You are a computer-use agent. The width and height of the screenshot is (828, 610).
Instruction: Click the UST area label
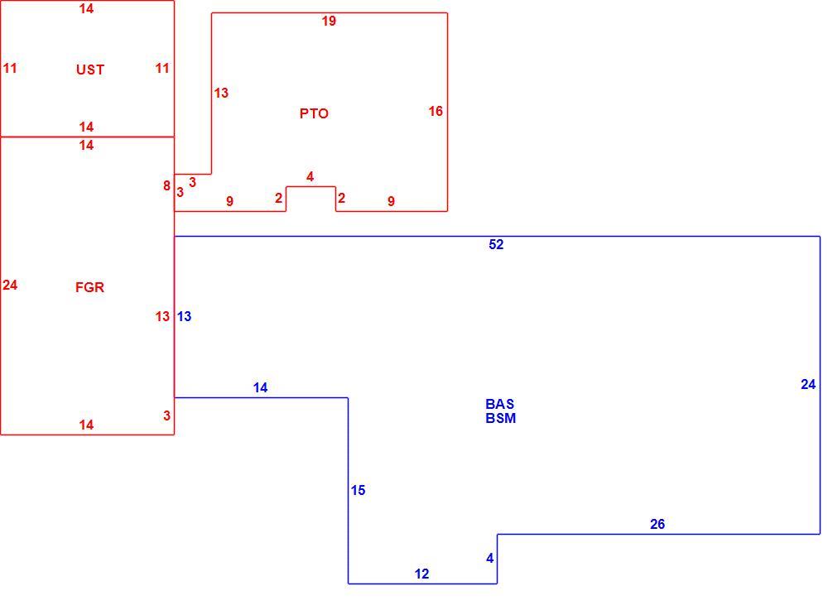pos(89,70)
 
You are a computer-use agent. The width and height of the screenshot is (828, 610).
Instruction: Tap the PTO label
pos(314,113)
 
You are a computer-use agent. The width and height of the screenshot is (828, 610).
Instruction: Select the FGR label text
pos(89,287)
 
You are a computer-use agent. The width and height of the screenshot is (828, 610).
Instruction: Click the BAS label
pos(499,404)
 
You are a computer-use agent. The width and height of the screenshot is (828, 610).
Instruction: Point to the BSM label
pos(501,418)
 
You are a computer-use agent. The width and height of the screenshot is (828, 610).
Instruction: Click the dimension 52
pos(496,244)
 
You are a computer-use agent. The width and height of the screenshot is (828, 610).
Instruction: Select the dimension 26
pos(657,524)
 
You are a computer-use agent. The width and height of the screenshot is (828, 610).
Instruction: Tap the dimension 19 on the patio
pos(329,21)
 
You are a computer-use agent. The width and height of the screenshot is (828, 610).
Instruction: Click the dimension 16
pos(436,111)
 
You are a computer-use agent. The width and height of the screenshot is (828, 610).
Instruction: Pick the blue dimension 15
pos(358,490)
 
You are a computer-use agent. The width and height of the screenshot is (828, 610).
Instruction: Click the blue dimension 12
pos(422,574)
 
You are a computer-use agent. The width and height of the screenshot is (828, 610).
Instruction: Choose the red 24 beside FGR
pos(10,285)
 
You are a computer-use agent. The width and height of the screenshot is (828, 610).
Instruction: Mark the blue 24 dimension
pos(808,384)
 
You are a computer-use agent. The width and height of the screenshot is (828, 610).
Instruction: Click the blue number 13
pos(185,316)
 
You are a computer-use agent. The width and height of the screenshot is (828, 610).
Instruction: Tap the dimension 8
pos(167,185)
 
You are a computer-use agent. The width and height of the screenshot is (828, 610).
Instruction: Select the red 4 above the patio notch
pos(310,177)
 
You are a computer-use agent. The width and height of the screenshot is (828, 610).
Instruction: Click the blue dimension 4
pos(490,558)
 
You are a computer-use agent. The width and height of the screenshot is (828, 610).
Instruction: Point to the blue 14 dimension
pos(260,388)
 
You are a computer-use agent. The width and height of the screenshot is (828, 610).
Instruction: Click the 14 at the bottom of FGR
pos(87,425)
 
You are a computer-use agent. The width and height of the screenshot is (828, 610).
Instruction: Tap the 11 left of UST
pos(10,68)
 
